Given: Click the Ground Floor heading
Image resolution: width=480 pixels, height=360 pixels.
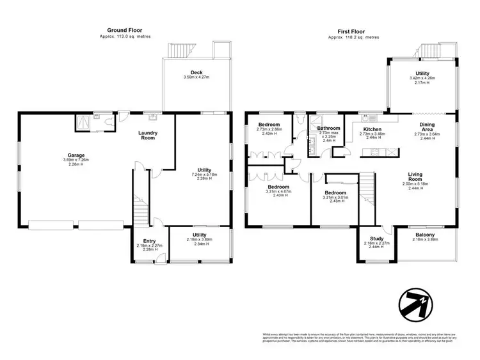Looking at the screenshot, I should point(125,29).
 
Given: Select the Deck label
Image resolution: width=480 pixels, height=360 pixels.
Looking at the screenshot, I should point(196,72).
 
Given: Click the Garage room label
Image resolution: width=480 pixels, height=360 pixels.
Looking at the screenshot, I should point(76,154).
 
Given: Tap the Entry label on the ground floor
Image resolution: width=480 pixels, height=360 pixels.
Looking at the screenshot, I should point(149,240).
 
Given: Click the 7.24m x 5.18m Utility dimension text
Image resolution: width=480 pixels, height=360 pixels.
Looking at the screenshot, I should point(201,173).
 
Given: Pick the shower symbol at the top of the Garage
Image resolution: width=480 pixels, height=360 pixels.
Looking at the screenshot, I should point(83,120).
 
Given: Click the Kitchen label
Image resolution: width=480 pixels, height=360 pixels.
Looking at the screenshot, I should point(372,129).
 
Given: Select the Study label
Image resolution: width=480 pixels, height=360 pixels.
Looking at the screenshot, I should point(372,238).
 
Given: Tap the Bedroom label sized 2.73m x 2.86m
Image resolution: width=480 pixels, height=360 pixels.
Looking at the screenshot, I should point(269,124).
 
